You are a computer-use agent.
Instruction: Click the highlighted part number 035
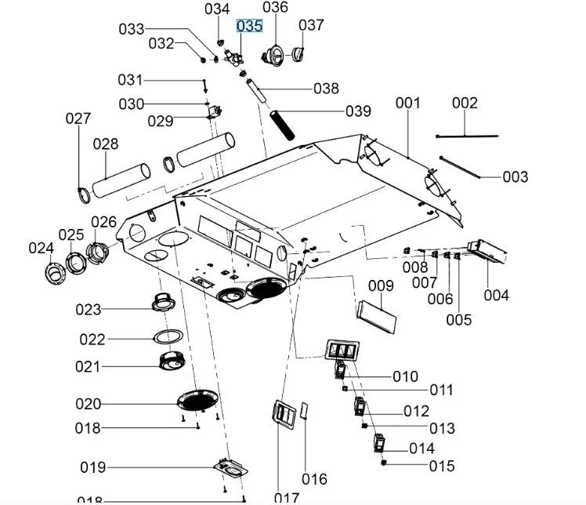[249, 26]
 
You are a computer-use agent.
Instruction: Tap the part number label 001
[407, 103]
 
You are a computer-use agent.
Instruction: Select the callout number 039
[358, 111]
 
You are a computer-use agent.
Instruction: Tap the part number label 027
[78, 118]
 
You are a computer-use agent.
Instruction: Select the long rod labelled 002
[466, 136]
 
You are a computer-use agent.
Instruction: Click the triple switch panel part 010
[342, 350]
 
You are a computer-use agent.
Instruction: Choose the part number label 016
[314, 479]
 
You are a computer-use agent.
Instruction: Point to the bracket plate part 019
[230, 469]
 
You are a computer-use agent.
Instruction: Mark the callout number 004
[496, 295]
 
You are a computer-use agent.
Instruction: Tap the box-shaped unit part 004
[487, 250]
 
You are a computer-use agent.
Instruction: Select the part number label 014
[421, 449]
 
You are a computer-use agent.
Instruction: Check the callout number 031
[130, 79]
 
